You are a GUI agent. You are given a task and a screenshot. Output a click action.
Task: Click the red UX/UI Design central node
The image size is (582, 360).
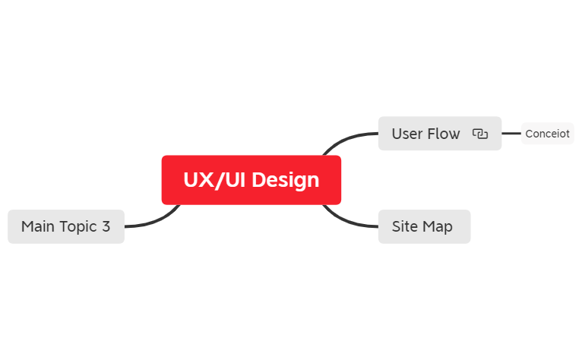pyautogui.click(x=251, y=180)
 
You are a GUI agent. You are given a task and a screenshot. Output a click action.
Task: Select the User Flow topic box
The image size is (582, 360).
pyautogui.click(x=439, y=134)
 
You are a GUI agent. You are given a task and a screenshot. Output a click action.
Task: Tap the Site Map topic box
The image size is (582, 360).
pyautogui.click(x=424, y=226)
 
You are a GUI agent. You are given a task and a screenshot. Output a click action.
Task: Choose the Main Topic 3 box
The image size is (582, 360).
pyautogui.click(x=65, y=226)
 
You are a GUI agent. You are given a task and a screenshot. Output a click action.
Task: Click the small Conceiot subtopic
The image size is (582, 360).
pyautogui.click(x=547, y=134)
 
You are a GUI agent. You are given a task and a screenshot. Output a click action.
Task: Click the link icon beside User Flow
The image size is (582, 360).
pyautogui.click(x=479, y=134)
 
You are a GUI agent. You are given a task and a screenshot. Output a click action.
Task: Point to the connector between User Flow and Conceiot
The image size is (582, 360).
pyautogui.click(x=511, y=134)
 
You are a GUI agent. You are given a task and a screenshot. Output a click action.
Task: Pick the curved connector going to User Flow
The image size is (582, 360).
pyautogui.click(x=346, y=137)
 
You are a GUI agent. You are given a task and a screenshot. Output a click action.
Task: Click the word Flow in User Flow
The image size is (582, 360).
pyautogui.click(x=444, y=134)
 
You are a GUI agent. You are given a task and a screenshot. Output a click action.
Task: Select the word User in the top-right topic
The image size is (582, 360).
pyautogui.click(x=406, y=134)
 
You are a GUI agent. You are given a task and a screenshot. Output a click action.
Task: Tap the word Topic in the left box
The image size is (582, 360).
pyautogui.click(x=78, y=226)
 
